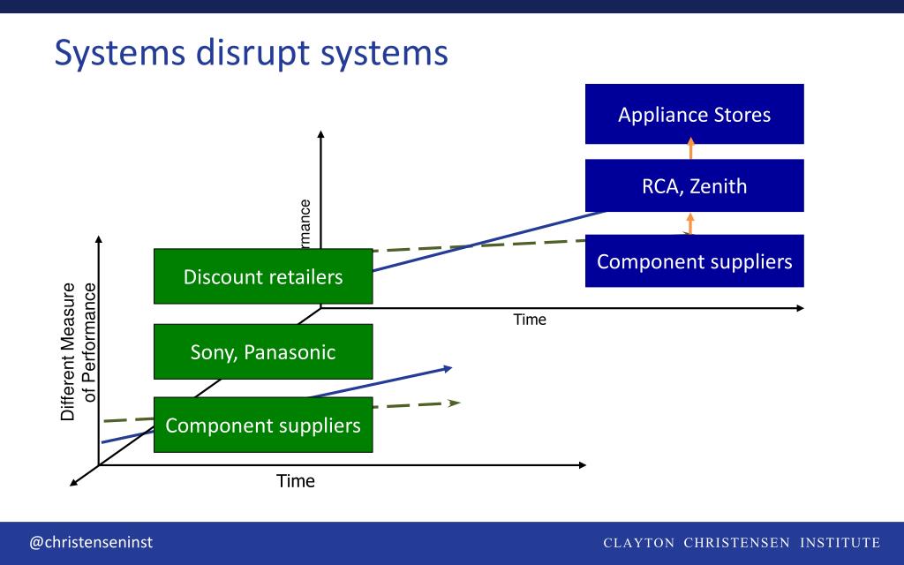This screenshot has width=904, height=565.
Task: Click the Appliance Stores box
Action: tap(694, 114)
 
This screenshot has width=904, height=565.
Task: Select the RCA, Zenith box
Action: tap(694, 185)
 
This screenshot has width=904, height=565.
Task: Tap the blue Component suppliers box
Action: tap(694, 261)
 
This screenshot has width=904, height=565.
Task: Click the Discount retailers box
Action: tap(263, 276)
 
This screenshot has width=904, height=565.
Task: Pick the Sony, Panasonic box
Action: tap(263, 351)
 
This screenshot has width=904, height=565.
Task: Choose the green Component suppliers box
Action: tap(263, 425)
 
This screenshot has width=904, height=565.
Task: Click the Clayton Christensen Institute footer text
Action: tap(742, 542)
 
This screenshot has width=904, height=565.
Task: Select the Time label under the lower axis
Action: tap(296, 481)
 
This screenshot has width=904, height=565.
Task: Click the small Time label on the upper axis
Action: tap(530, 320)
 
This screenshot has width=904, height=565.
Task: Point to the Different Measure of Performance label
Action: tap(78, 352)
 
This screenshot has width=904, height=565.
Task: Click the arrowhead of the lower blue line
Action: tap(448, 367)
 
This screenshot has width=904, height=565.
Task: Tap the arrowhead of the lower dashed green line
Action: tap(456, 403)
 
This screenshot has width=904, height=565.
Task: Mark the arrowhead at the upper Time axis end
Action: tap(800, 308)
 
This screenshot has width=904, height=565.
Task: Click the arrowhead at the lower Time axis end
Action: tap(581, 464)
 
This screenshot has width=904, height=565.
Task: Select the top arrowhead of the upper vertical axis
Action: tap(320, 135)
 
